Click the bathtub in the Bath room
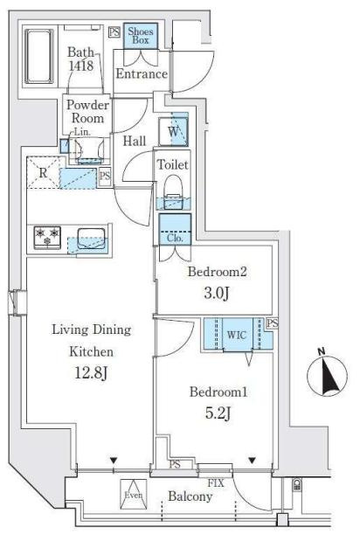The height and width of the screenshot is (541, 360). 39,57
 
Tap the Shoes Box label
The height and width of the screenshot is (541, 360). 141,36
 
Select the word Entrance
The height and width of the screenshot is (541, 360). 142,73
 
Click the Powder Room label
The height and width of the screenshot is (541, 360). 87,112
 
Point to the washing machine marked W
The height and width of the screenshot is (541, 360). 174,131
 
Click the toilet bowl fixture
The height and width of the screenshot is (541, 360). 173,191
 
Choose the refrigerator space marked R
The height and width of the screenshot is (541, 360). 43,172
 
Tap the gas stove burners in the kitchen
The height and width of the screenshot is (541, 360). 47,238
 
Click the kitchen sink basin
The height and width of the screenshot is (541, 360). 91,239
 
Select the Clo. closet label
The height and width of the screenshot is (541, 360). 175,238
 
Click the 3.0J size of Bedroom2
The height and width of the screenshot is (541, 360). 217,293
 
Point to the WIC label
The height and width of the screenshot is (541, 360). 237,335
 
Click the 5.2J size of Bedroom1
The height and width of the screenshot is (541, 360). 218,413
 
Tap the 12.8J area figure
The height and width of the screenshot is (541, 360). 92,372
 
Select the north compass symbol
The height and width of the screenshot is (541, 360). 328,376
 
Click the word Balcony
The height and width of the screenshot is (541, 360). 190,496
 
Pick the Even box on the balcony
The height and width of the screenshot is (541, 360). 134,494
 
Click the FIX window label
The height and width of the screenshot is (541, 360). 216,483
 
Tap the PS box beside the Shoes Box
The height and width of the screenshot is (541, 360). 114,32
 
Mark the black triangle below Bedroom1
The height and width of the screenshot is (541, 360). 253,461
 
